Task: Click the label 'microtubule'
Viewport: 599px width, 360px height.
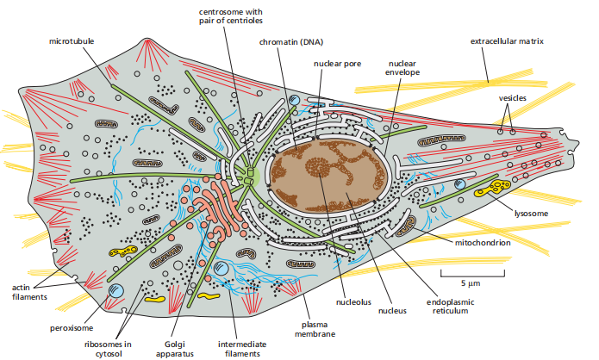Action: pyautogui.click(x=71, y=40)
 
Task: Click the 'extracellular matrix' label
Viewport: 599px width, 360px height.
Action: pyautogui.click(x=507, y=40)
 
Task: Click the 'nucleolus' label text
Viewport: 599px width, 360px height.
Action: pyautogui.click(x=353, y=302)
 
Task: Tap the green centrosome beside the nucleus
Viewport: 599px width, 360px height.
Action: pyautogui.click(x=250, y=177)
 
